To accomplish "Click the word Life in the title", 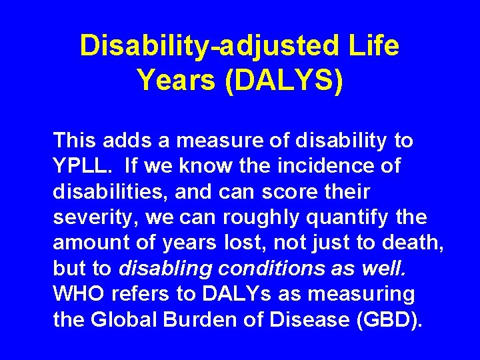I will coord(373,46).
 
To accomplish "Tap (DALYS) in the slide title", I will coord(285,80).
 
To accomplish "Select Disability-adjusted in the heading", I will coord(209,46).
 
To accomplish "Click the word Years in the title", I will coord(175,80).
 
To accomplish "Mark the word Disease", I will coord(312,321).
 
